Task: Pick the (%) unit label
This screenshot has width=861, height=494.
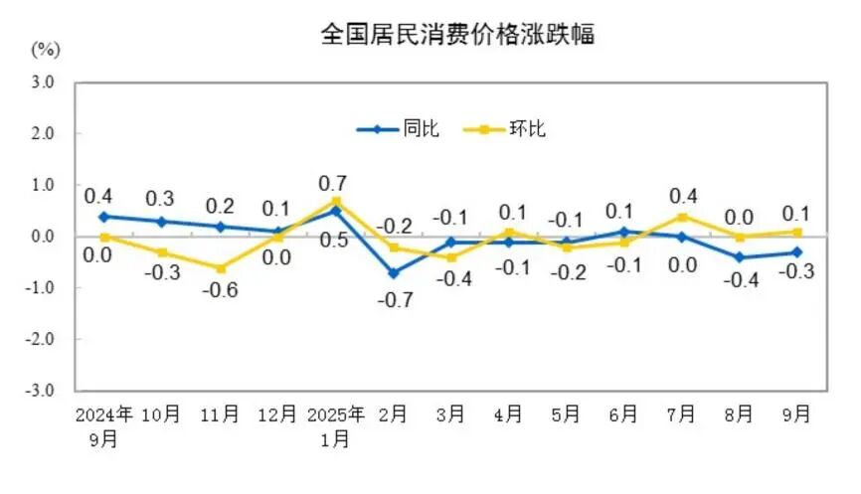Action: coord(46,48)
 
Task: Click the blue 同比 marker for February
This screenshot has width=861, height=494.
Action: coord(393,272)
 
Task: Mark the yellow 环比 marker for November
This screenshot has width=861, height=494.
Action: coord(219,268)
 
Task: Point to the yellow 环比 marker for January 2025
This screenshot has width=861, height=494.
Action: coord(335,201)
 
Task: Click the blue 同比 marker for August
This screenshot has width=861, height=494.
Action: coord(739,257)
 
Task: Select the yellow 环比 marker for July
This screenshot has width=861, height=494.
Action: coord(681,217)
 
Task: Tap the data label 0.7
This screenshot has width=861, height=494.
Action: coord(335,183)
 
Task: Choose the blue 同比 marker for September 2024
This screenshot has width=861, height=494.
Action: coord(103,216)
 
